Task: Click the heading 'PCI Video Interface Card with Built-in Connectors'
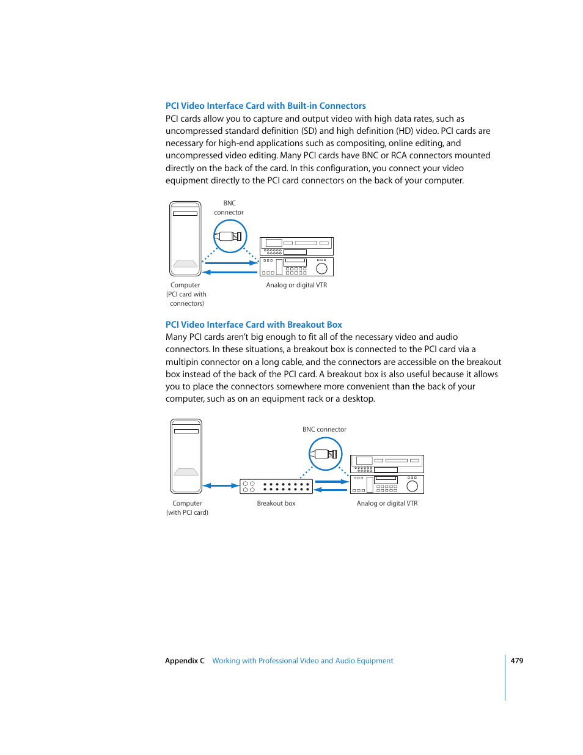(x=265, y=106)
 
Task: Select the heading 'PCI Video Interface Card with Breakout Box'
(x=254, y=325)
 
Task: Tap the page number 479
(x=516, y=661)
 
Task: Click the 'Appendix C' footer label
(x=185, y=661)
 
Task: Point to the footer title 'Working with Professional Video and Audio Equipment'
(x=302, y=661)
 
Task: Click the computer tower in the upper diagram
(x=185, y=238)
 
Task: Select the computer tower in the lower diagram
(x=186, y=456)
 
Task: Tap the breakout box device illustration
(x=276, y=487)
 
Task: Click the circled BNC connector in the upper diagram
(x=230, y=237)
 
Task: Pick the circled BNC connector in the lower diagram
(x=325, y=454)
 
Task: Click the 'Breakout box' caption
(x=276, y=504)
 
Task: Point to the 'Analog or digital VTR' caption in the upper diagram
(x=296, y=285)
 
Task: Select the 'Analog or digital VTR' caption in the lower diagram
(x=387, y=504)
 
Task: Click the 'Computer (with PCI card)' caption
(x=187, y=508)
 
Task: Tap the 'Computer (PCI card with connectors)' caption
(x=186, y=294)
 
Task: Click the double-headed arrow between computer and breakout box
(x=221, y=486)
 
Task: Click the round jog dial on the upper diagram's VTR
(x=321, y=268)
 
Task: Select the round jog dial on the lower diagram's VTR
(x=412, y=486)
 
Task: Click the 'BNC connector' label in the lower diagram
(x=324, y=430)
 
